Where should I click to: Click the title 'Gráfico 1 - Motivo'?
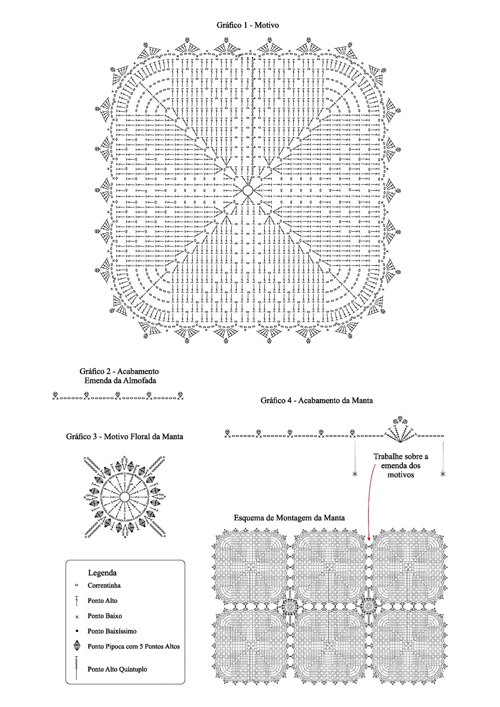tap(248, 25)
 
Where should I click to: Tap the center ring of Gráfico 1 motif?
tap(248, 190)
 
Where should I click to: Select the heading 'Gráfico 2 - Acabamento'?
tap(119, 371)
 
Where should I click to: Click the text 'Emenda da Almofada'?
tap(119, 381)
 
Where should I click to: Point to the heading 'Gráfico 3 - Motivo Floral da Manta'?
tap(125, 436)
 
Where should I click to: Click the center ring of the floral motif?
tap(125, 497)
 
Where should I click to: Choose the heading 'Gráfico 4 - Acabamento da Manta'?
tap(316, 400)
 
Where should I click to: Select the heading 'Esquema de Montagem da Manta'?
tap(289, 518)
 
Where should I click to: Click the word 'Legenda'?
tap(102, 573)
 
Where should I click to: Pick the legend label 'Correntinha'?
tap(104, 585)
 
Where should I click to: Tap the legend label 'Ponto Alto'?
tap(103, 600)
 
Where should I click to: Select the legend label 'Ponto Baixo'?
tap(105, 616)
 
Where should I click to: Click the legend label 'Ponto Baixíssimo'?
tap(112, 631)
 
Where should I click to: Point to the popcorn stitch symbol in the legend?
tap(77, 646)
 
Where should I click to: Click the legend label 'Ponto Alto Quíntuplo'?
tap(117, 669)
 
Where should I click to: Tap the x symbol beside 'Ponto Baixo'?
tap(77, 617)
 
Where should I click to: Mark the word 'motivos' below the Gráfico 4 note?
tap(401, 474)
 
